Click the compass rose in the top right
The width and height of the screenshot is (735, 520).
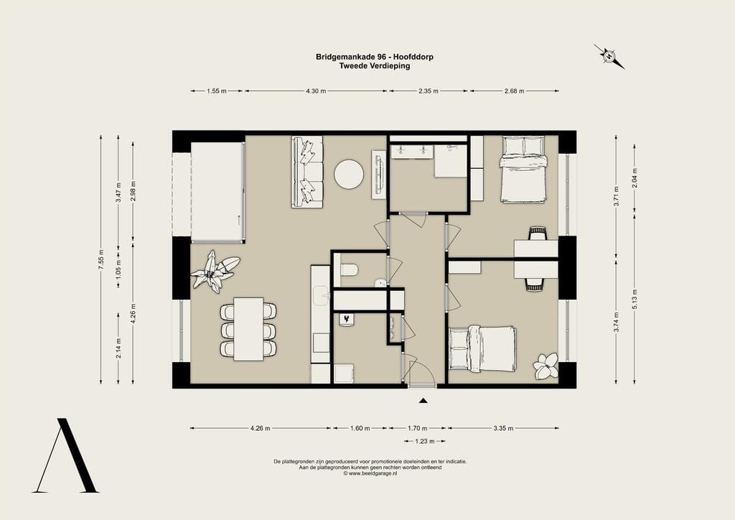tap(609, 56)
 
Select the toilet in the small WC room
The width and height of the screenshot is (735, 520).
tap(350, 270)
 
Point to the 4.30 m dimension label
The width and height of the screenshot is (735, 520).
tap(316, 91)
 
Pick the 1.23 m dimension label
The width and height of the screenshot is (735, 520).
tap(425, 441)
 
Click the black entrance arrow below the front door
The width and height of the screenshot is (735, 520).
tap(423, 401)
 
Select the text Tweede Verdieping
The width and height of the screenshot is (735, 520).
tap(375, 65)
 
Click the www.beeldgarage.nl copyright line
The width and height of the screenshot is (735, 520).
tap(370, 473)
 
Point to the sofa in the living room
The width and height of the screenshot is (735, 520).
tap(307, 172)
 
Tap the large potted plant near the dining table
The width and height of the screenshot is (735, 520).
tap(215, 271)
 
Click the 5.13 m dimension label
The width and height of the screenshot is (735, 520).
tap(635, 300)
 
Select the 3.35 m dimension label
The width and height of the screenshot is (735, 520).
tap(503, 428)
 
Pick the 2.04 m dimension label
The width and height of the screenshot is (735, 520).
tap(635, 177)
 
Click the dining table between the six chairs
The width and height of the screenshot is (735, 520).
tap(248, 329)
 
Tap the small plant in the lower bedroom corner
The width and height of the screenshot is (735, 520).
tap(546, 366)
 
